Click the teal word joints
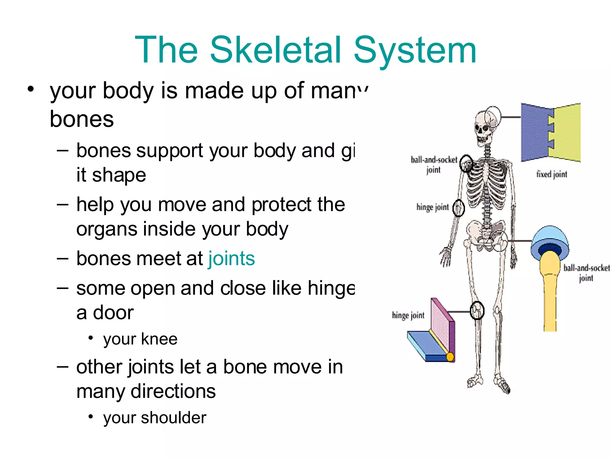[232, 259]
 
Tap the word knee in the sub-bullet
[159, 339]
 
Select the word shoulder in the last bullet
[174, 418]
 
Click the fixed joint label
[552, 174]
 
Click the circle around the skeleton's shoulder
[466, 163]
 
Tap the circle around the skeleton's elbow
[458, 208]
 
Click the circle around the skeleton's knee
[477, 310]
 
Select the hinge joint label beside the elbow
[432, 207]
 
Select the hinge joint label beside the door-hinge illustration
[408, 315]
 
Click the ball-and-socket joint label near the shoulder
[434, 165]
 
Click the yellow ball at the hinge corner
[450, 357]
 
